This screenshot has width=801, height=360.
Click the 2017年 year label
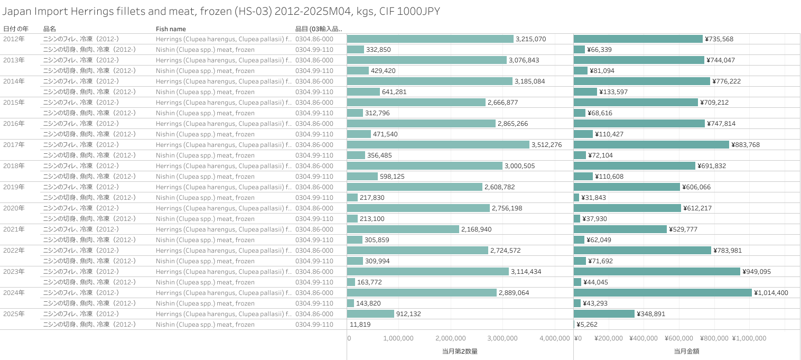[14, 144]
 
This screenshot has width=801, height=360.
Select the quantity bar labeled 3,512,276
[438, 144]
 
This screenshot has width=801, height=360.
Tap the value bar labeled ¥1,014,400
[663, 292]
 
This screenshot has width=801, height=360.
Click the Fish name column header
[171, 29]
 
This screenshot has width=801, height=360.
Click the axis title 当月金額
[686, 351]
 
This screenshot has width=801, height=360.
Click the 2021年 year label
[14, 229]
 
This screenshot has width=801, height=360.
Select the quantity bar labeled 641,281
[364, 91]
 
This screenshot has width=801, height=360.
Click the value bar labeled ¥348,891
[604, 313]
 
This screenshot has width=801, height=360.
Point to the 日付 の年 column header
[16, 29]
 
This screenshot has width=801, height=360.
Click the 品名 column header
[49, 29]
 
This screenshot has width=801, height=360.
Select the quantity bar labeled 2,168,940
[403, 229]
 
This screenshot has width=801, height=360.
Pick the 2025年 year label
[14, 313]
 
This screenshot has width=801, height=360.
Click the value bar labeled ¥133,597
[585, 91]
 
